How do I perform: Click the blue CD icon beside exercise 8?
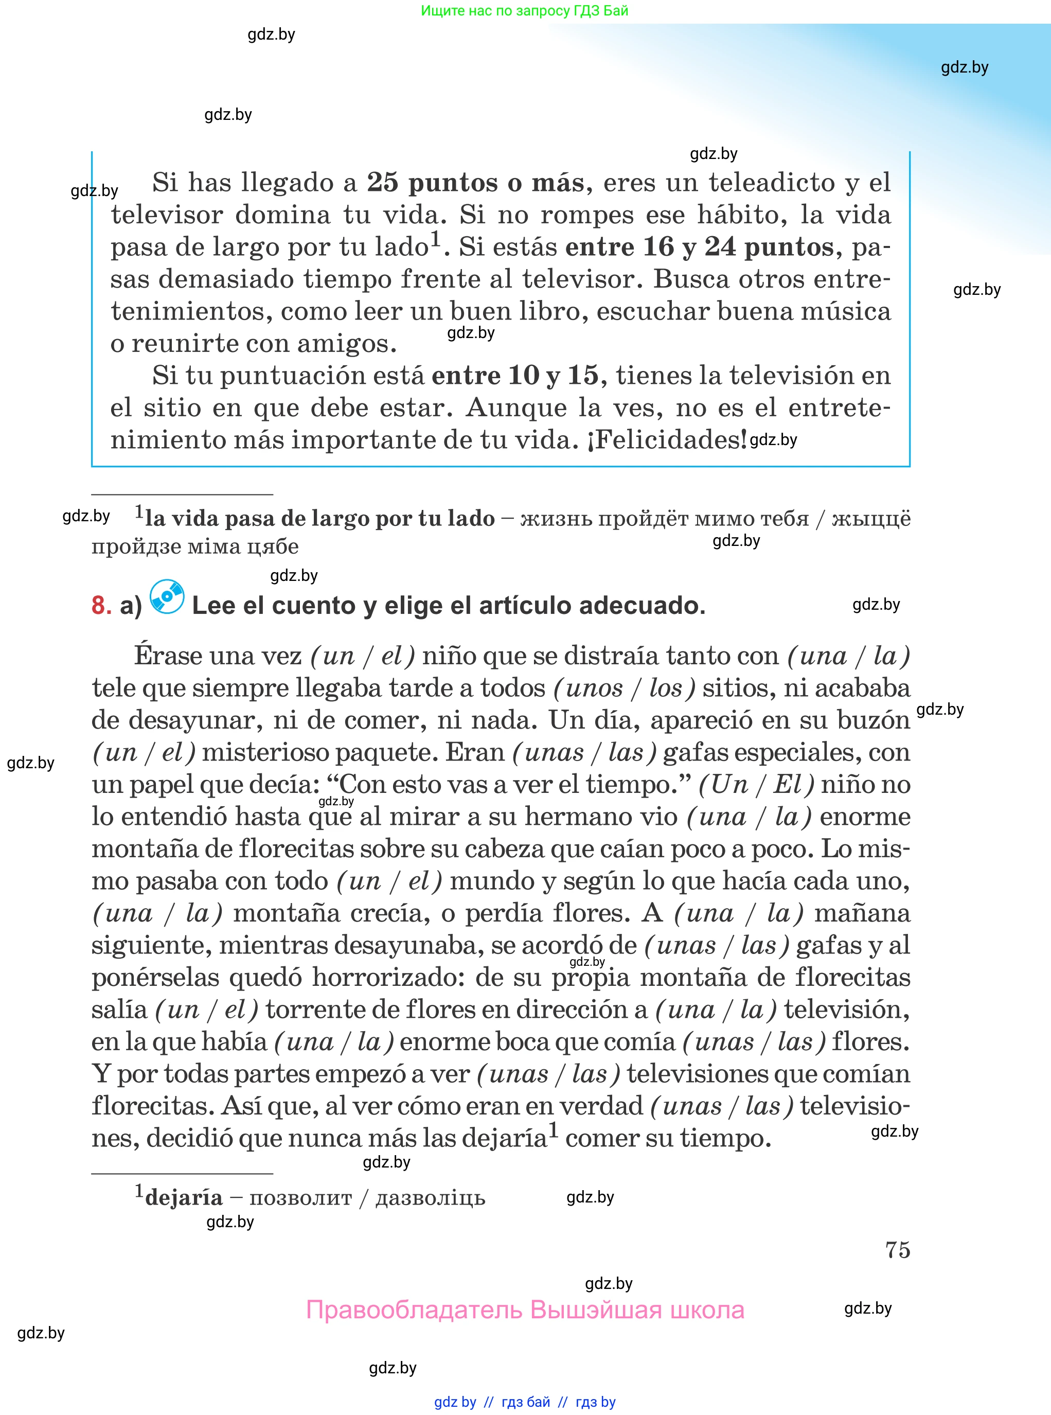tap(167, 597)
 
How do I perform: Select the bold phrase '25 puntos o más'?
tap(475, 183)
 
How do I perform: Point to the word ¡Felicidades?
tap(668, 439)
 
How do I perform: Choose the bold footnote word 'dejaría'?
tap(184, 1197)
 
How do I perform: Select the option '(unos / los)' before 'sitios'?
tap(624, 688)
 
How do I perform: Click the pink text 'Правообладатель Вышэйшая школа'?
tap(525, 1310)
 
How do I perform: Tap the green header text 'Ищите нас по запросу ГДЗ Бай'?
tap(524, 11)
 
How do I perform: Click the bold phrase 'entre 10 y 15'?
tap(514, 376)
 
